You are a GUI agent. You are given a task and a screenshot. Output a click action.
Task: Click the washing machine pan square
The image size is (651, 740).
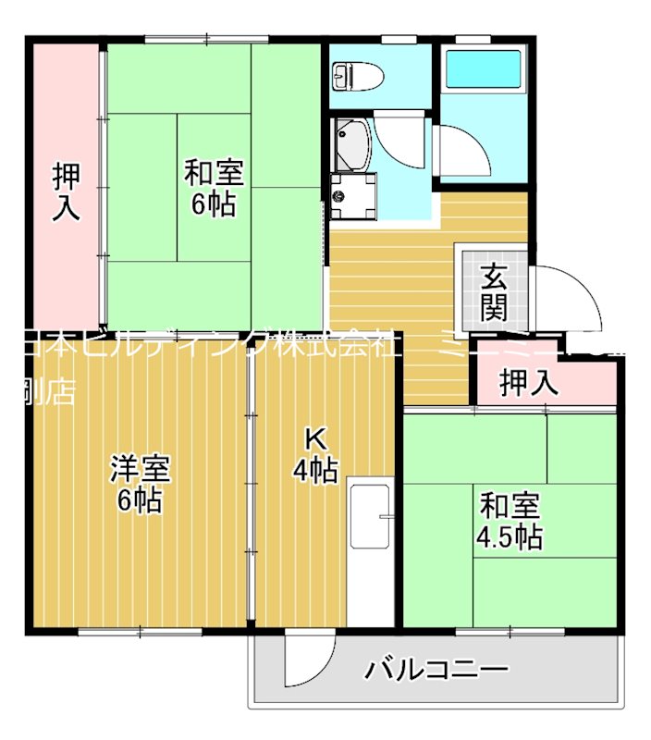(352, 195)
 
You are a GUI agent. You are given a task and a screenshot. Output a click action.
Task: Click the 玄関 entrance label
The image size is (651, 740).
(494, 290)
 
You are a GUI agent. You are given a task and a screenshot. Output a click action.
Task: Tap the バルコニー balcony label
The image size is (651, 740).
(436, 669)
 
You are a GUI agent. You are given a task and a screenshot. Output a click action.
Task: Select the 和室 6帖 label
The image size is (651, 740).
(214, 188)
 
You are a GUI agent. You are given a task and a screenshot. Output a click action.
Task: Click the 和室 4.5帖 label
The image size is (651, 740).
(510, 522)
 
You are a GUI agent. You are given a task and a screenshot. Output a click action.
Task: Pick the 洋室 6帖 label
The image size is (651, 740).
(141, 484)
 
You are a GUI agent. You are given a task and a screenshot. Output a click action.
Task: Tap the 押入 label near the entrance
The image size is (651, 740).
(529, 383)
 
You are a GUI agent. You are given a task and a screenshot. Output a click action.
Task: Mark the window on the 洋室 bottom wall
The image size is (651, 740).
(140, 633)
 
